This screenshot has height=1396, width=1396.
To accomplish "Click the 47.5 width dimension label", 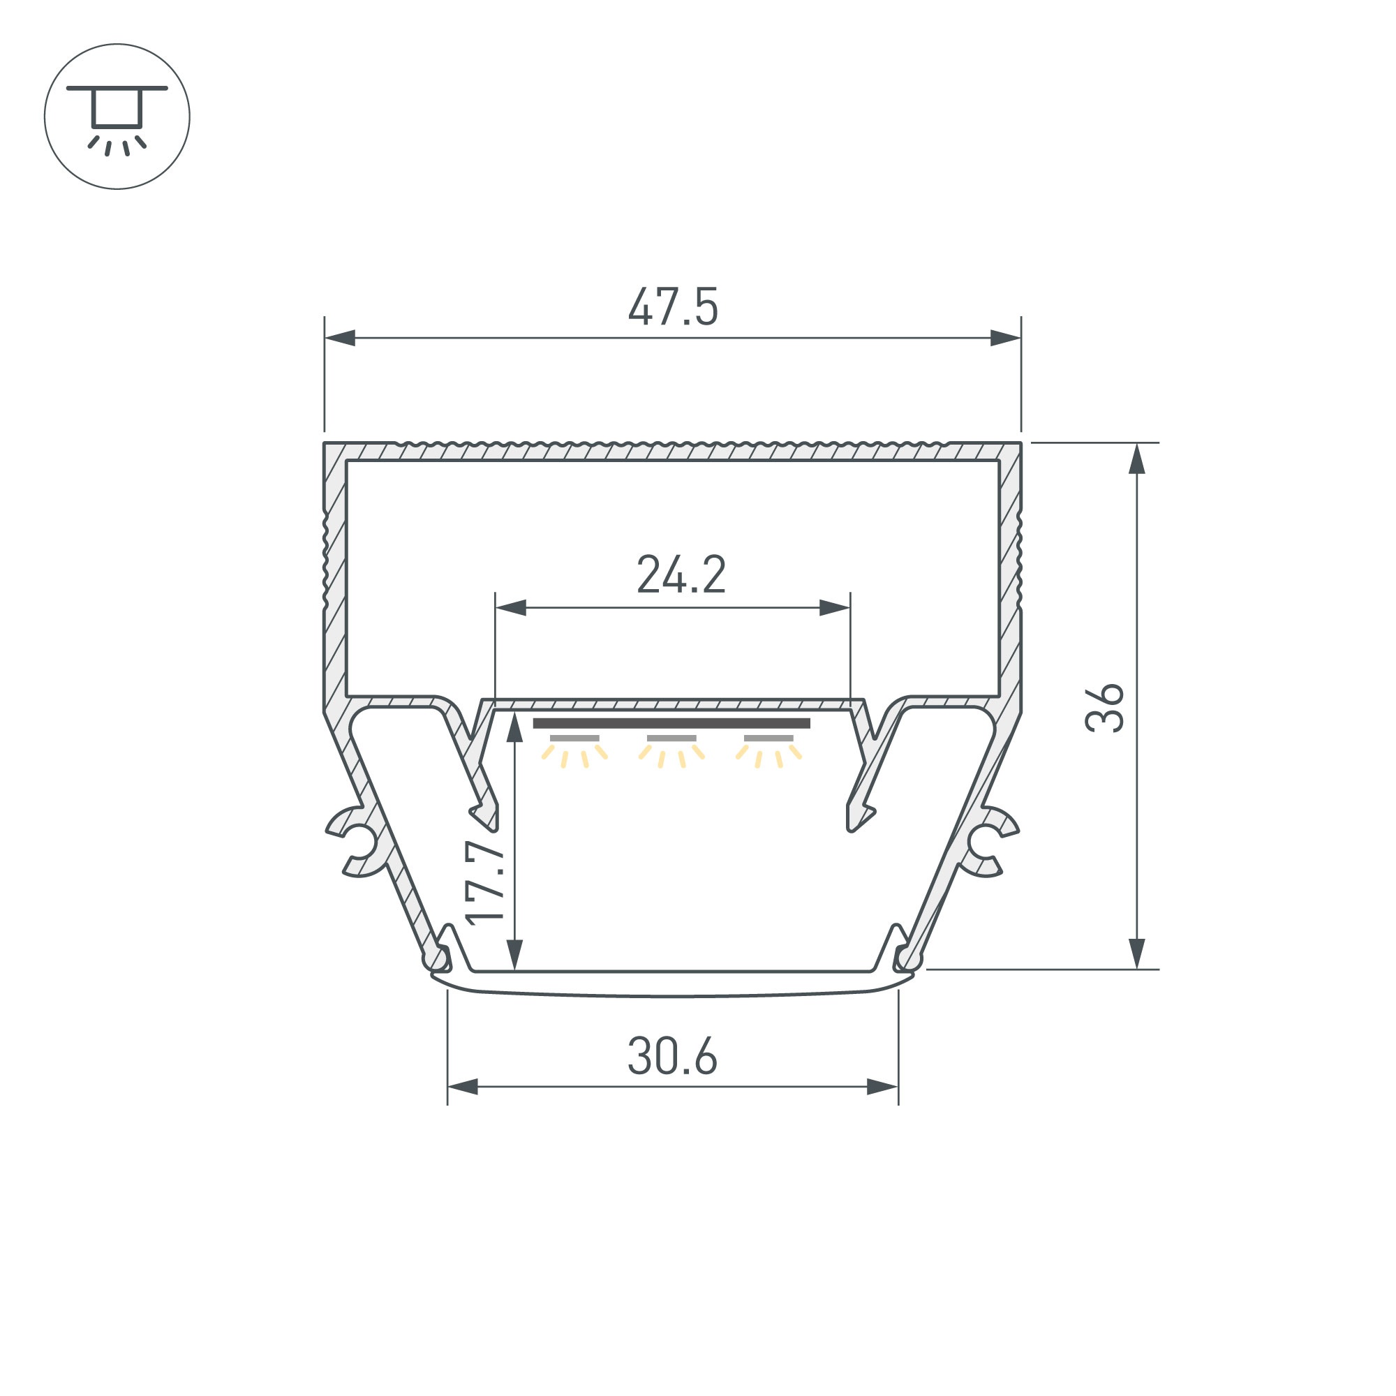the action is tap(673, 307).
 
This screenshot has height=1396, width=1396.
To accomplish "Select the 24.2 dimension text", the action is tap(681, 574).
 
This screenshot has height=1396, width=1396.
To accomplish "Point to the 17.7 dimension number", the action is tap(484, 882).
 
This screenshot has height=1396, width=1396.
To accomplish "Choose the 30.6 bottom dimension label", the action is tap(672, 1056).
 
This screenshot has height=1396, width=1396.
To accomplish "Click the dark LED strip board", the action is tap(671, 723).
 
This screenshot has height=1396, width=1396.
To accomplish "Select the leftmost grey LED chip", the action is tap(574, 738).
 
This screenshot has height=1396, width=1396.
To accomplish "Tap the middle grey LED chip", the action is tap(671, 738).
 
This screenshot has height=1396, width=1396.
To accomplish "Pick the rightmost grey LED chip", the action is tap(768, 738).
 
